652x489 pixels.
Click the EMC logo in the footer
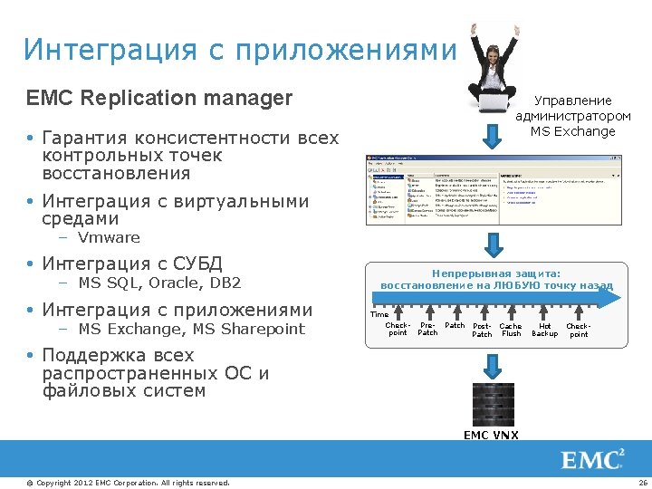593,459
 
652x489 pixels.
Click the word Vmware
109,238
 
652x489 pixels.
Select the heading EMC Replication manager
159,98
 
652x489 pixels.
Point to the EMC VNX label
492,435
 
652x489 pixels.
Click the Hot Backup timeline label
544,330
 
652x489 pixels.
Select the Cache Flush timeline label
511,330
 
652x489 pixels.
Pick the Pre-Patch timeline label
427,329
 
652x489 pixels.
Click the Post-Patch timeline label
483,330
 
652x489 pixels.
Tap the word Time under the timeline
379,315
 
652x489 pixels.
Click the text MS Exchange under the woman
572,131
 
